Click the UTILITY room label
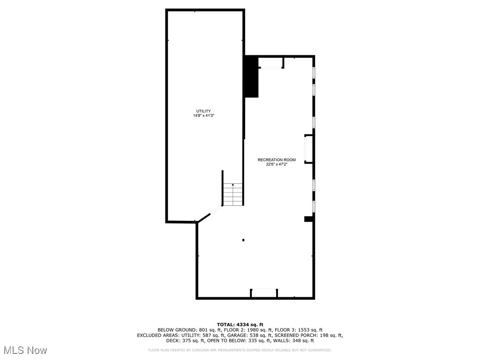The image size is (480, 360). [203, 111]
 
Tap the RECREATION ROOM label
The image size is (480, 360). [277, 160]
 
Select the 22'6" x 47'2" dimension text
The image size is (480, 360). [277, 165]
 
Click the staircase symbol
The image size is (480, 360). [233, 194]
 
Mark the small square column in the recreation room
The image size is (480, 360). [243, 240]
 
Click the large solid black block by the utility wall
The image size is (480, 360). [251, 76]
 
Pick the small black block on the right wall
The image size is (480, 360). [308, 219]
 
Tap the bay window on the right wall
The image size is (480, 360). [308, 149]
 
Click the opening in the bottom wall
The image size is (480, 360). [264, 293]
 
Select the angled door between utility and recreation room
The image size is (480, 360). [216, 212]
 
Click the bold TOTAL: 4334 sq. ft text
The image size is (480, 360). [240, 324]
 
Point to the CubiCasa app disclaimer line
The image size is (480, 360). [240, 350]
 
